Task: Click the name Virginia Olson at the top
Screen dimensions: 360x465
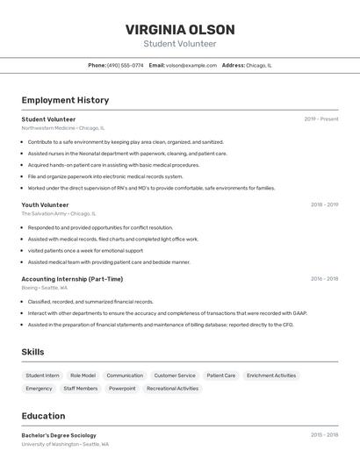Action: tap(179, 29)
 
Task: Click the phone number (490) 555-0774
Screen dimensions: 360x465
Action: tap(126, 65)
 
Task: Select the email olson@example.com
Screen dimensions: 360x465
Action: tap(191, 65)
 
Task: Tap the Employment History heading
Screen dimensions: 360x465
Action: tap(65, 100)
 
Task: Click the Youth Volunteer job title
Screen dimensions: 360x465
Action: tap(45, 204)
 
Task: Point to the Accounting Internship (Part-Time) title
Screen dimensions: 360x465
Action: tap(72, 279)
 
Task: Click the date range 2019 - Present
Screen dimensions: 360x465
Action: tap(321, 119)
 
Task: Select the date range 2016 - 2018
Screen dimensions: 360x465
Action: tap(324, 279)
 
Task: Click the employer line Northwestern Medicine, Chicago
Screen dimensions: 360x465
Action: tap(63, 128)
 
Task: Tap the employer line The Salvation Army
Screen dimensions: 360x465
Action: tap(59, 213)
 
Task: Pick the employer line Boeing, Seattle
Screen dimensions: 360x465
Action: tap(45, 288)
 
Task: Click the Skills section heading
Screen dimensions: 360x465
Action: tap(33, 352)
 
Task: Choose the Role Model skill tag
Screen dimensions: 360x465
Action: tap(83, 376)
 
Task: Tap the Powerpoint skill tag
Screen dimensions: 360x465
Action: tap(122, 388)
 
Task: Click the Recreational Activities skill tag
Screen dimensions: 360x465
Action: tap(172, 388)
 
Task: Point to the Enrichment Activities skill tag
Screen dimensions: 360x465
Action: tap(271, 376)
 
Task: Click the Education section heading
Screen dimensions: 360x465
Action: tap(43, 416)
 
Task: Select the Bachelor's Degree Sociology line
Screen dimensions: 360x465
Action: tap(59, 435)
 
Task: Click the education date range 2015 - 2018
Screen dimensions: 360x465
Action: tap(324, 435)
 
